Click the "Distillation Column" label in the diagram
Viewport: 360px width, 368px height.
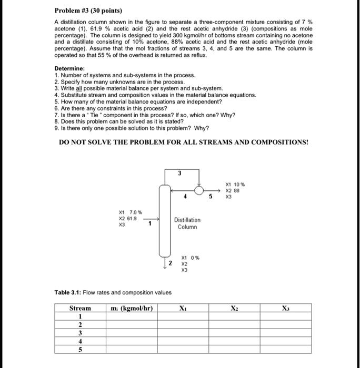coord(188,223)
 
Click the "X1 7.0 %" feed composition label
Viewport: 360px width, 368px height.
coord(128,211)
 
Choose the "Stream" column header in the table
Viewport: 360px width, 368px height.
coord(80,308)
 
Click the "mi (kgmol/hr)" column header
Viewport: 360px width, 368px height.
coord(132,308)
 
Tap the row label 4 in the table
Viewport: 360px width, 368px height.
coord(80,341)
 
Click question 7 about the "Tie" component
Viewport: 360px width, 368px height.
coord(145,115)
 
